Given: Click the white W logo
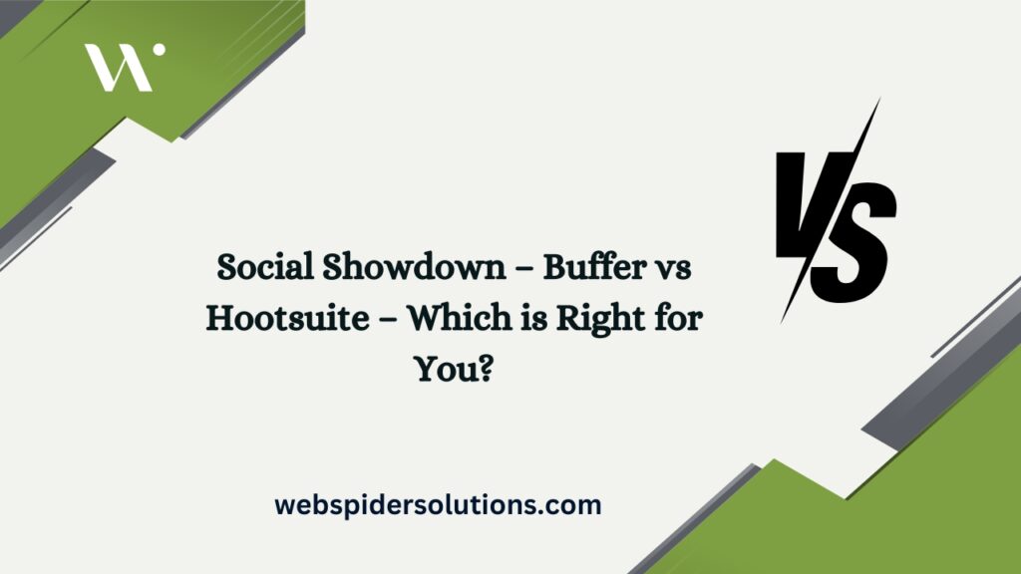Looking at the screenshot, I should pyautogui.click(x=118, y=67).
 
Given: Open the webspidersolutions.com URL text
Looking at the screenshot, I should pyautogui.click(x=439, y=505).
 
